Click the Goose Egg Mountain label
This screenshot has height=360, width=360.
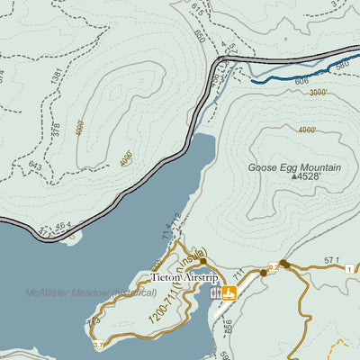point(294,167)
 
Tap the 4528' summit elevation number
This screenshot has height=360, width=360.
point(308,177)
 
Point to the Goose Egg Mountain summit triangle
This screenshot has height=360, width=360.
point(294,177)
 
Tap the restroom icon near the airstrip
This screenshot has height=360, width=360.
point(216,292)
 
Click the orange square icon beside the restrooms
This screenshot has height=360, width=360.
point(229,292)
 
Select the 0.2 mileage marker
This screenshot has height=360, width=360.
point(272,266)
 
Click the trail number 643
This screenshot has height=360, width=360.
point(35,166)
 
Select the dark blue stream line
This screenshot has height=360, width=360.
point(297,75)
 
